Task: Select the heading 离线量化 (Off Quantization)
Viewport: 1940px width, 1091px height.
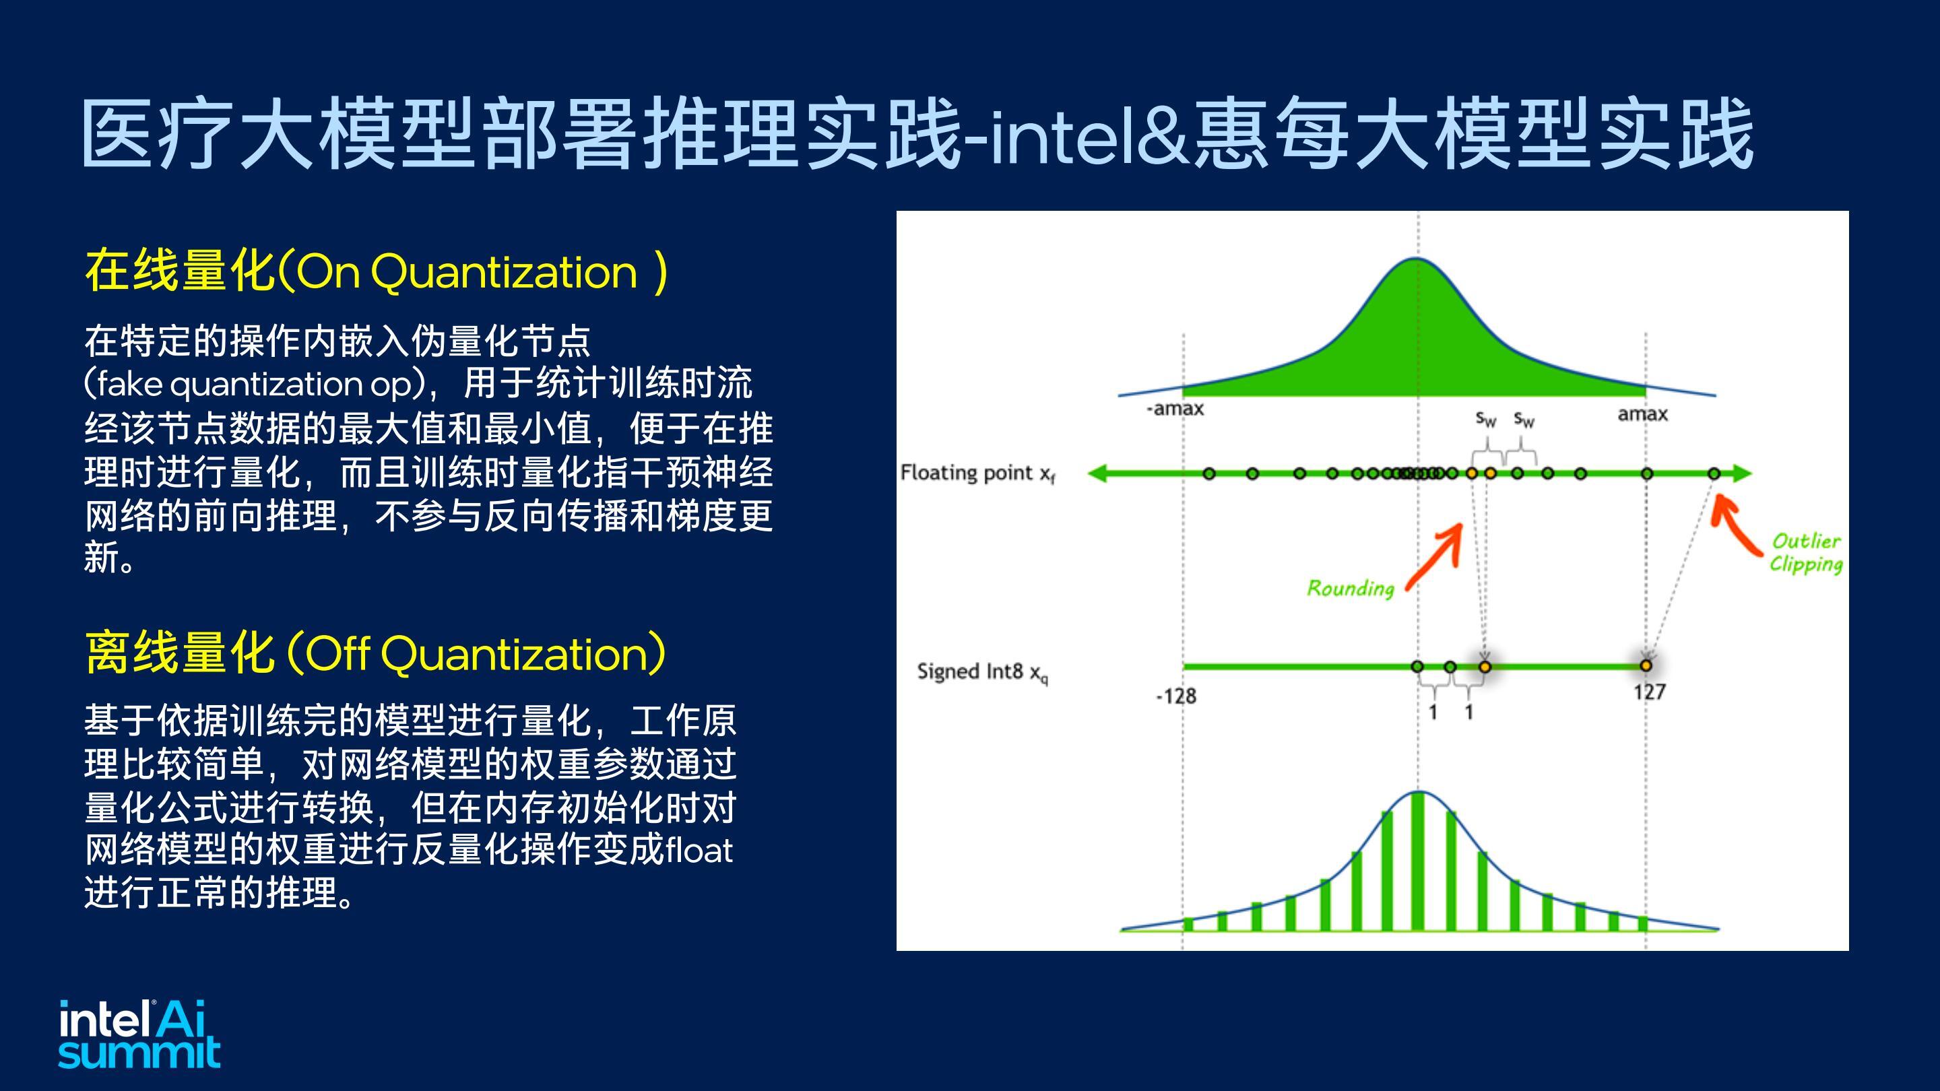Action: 376,653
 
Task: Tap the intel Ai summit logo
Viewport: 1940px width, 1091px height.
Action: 139,1034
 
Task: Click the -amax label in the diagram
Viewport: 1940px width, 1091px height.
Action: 1175,409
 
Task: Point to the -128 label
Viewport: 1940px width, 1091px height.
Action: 1175,696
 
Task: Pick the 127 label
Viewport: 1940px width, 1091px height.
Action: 1649,692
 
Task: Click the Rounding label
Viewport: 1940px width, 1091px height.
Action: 1351,588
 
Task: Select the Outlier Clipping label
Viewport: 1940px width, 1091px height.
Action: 1806,553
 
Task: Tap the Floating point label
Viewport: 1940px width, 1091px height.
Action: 977,473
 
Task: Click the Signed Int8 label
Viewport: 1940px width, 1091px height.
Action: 982,672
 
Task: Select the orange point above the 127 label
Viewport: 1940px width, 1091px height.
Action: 1646,665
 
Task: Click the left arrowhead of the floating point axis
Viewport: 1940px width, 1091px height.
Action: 1098,473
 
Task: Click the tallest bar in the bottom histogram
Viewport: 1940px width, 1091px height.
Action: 1418,861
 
